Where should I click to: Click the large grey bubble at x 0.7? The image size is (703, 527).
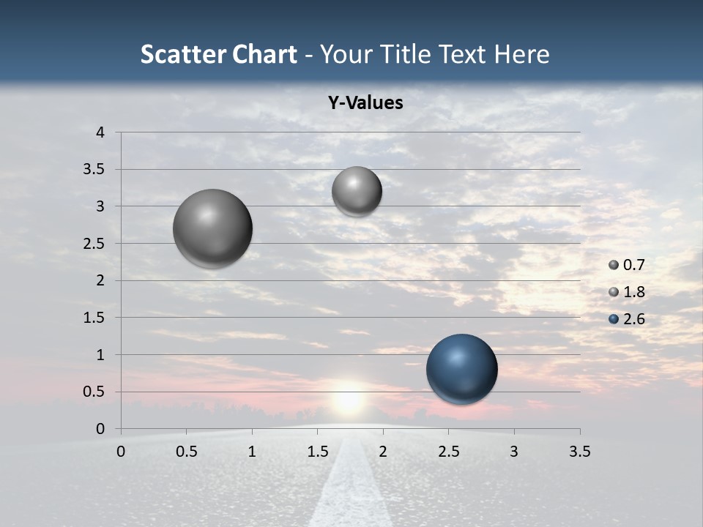(212, 228)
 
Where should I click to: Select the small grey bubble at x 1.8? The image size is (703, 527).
(357, 191)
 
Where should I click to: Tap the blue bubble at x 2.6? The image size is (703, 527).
(461, 369)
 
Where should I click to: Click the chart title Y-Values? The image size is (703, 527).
(365, 103)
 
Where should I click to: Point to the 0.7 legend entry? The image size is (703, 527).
(633, 265)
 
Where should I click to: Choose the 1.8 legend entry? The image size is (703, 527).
(633, 292)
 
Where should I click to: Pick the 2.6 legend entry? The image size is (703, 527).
(633, 319)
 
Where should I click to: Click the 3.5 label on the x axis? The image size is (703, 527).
(579, 452)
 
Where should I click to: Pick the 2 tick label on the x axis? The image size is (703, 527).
(382, 452)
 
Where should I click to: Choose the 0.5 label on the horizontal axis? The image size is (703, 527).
(187, 452)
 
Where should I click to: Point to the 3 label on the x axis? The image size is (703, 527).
(513, 452)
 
